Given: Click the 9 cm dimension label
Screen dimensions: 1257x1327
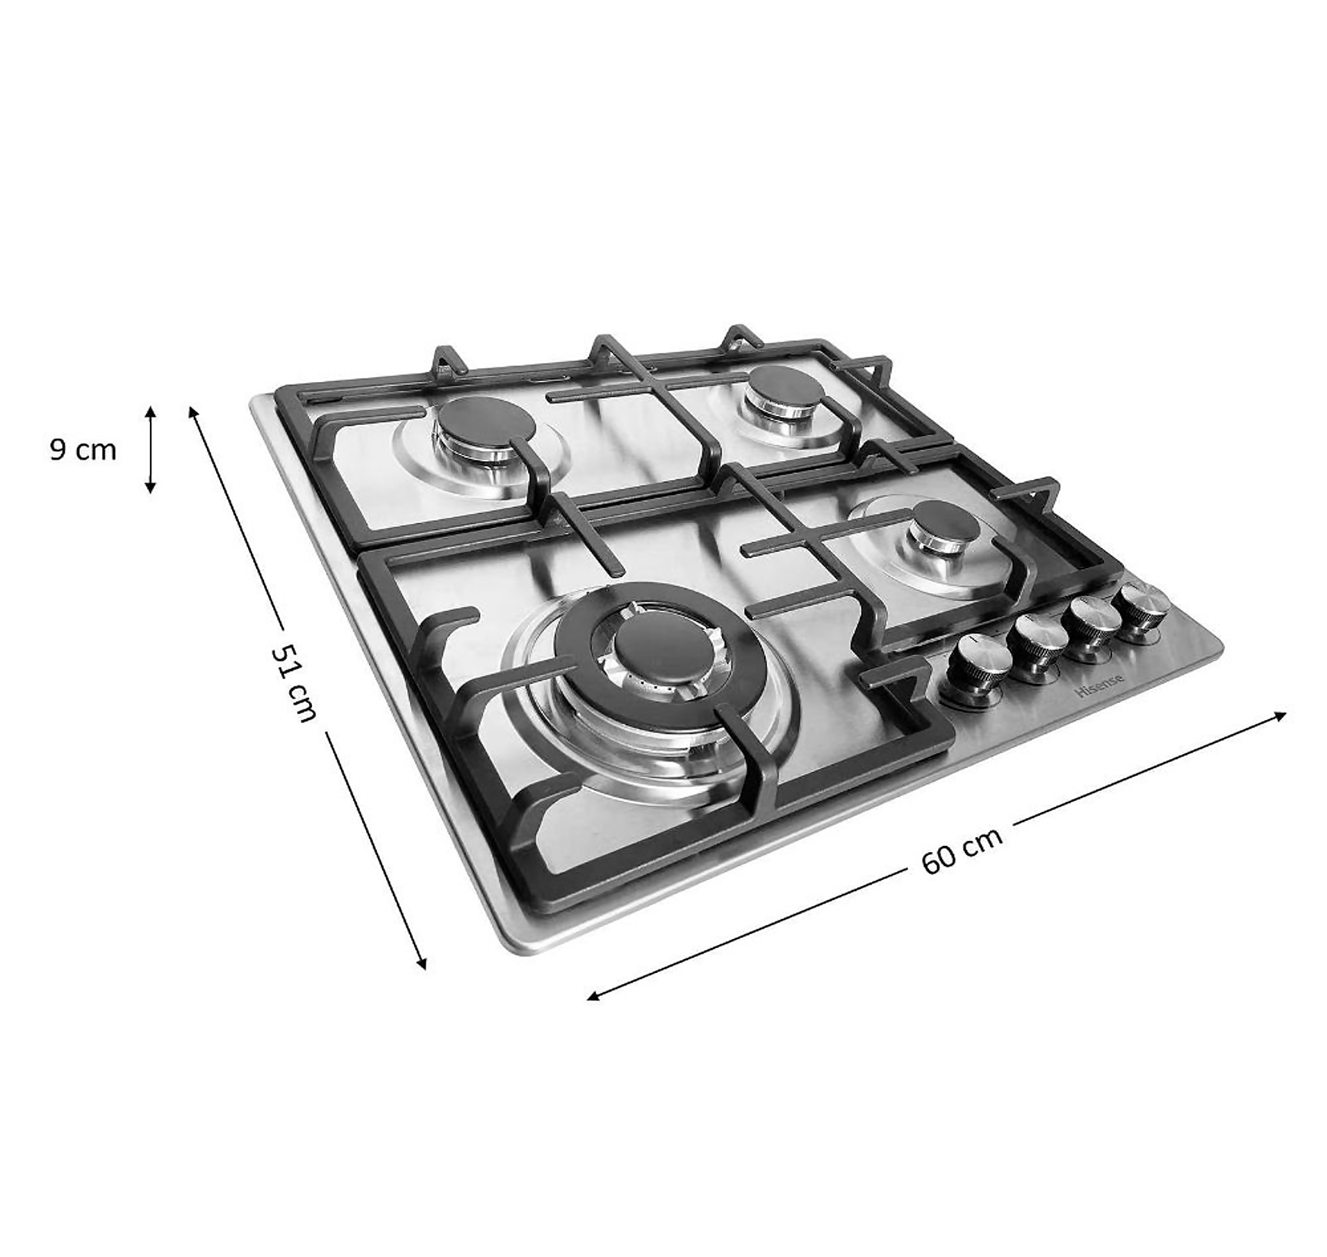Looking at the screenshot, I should tap(83, 450).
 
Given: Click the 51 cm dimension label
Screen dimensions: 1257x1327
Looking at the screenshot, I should tap(295, 682).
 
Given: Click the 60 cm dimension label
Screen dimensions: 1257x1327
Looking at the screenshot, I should tap(962, 851).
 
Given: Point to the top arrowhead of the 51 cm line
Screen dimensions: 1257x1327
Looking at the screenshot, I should tap(192, 411).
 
